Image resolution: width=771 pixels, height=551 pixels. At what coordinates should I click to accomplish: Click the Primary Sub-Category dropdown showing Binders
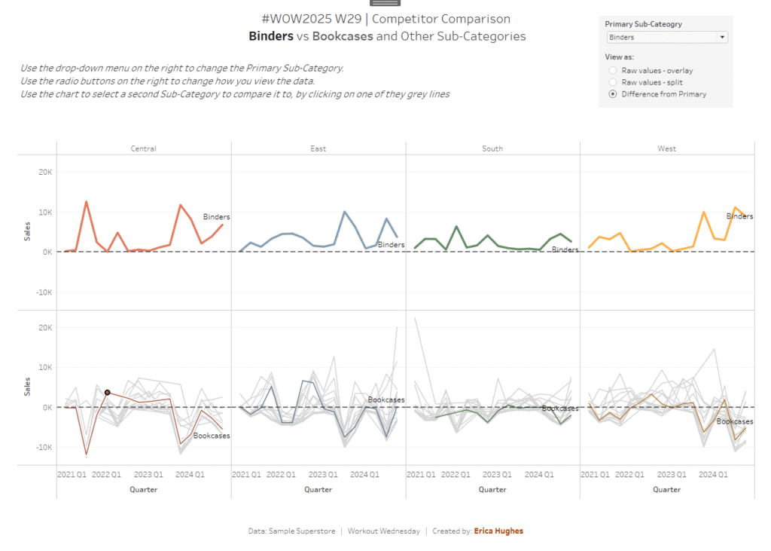coord(666,37)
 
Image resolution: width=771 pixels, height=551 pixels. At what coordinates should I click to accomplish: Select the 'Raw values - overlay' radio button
coord(613,71)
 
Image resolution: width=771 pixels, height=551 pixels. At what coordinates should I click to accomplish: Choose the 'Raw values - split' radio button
coord(613,82)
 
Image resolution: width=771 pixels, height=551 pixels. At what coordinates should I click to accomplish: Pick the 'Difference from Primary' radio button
coord(613,94)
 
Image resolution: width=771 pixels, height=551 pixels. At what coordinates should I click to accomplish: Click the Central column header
coord(143,148)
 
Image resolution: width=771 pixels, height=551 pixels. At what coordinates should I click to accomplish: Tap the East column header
coord(318,148)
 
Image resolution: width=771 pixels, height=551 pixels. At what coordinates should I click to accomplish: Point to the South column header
coord(492,148)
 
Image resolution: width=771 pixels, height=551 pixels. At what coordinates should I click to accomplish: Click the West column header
coord(666,148)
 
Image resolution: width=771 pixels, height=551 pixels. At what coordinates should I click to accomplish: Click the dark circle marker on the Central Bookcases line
coord(108,393)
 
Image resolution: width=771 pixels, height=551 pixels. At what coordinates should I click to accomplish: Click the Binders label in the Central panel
coord(217,217)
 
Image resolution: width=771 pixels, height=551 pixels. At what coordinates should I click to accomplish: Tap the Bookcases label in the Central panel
coord(212,436)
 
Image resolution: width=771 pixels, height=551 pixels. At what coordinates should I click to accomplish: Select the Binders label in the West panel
coord(739,216)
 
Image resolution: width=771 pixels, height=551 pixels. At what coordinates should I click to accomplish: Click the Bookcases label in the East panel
coord(386,399)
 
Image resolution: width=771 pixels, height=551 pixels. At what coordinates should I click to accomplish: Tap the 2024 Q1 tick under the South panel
coord(538,475)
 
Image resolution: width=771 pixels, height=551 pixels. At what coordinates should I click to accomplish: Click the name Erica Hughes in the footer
coord(498,531)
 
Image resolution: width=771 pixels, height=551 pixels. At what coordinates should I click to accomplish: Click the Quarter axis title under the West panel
coord(666,489)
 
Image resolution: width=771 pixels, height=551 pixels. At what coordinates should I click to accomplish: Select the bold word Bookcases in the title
coord(343,36)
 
